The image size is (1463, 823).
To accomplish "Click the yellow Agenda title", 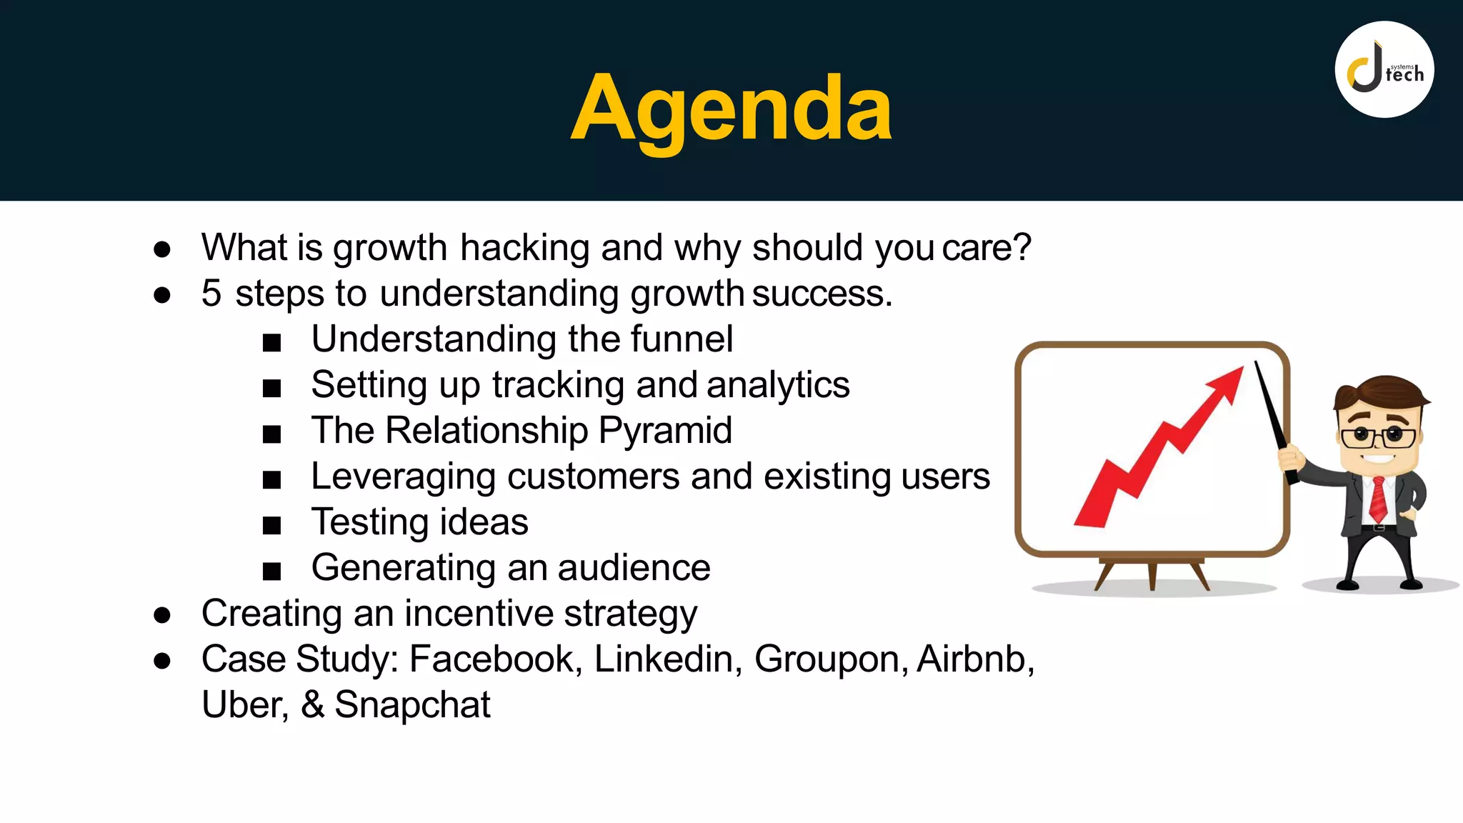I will pyautogui.click(x=731, y=109).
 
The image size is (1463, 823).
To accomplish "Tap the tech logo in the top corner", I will pyautogui.click(x=1384, y=69).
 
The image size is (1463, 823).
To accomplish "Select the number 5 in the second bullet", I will pyautogui.click(x=211, y=294).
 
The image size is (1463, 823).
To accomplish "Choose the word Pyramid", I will pyautogui.click(x=665, y=431).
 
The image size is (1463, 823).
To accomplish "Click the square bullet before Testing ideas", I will pyautogui.click(x=271, y=526).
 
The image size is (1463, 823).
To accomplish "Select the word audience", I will pyautogui.click(x=634, y=568).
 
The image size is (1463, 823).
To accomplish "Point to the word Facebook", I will pyautogui.click(x=491, y=659).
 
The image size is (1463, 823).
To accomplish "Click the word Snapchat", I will pyautogui.click(x=412, y=705).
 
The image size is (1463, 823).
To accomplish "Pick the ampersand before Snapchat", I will pyautogui.click(x=312, y=705).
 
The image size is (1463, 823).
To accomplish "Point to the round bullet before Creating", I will pyautogui.click(x=162, y=614).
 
